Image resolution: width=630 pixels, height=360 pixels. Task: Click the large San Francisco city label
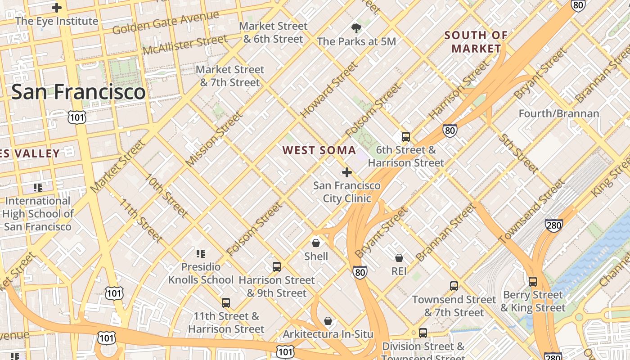[78, 92]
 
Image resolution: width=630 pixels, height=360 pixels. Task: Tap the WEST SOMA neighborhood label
[319, 150]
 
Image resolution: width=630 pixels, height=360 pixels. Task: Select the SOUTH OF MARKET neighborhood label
[476, 42]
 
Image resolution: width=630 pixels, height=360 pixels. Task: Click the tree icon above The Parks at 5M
[356, 29]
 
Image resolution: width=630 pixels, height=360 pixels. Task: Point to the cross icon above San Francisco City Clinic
[347, 172]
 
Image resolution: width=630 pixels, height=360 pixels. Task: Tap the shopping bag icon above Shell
[316, 243]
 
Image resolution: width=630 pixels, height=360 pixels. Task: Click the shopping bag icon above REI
[399, 258]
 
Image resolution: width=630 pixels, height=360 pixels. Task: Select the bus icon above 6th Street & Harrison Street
[406, 137]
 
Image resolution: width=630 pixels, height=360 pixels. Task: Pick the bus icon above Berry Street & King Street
[533, 282]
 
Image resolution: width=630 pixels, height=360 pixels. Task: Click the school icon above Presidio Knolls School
[201, 254]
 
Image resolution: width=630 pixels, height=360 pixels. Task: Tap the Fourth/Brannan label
[559, 113]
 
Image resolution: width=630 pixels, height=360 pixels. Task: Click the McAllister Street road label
[185, 45]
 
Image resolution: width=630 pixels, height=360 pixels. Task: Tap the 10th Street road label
[166, 195]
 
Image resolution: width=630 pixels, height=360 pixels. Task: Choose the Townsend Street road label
[531, 211]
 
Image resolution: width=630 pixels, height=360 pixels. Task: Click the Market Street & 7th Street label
[230, 76]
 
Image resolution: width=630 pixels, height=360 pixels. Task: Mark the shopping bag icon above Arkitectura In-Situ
[328, 321]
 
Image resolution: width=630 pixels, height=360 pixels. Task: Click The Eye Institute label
[56, 21]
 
